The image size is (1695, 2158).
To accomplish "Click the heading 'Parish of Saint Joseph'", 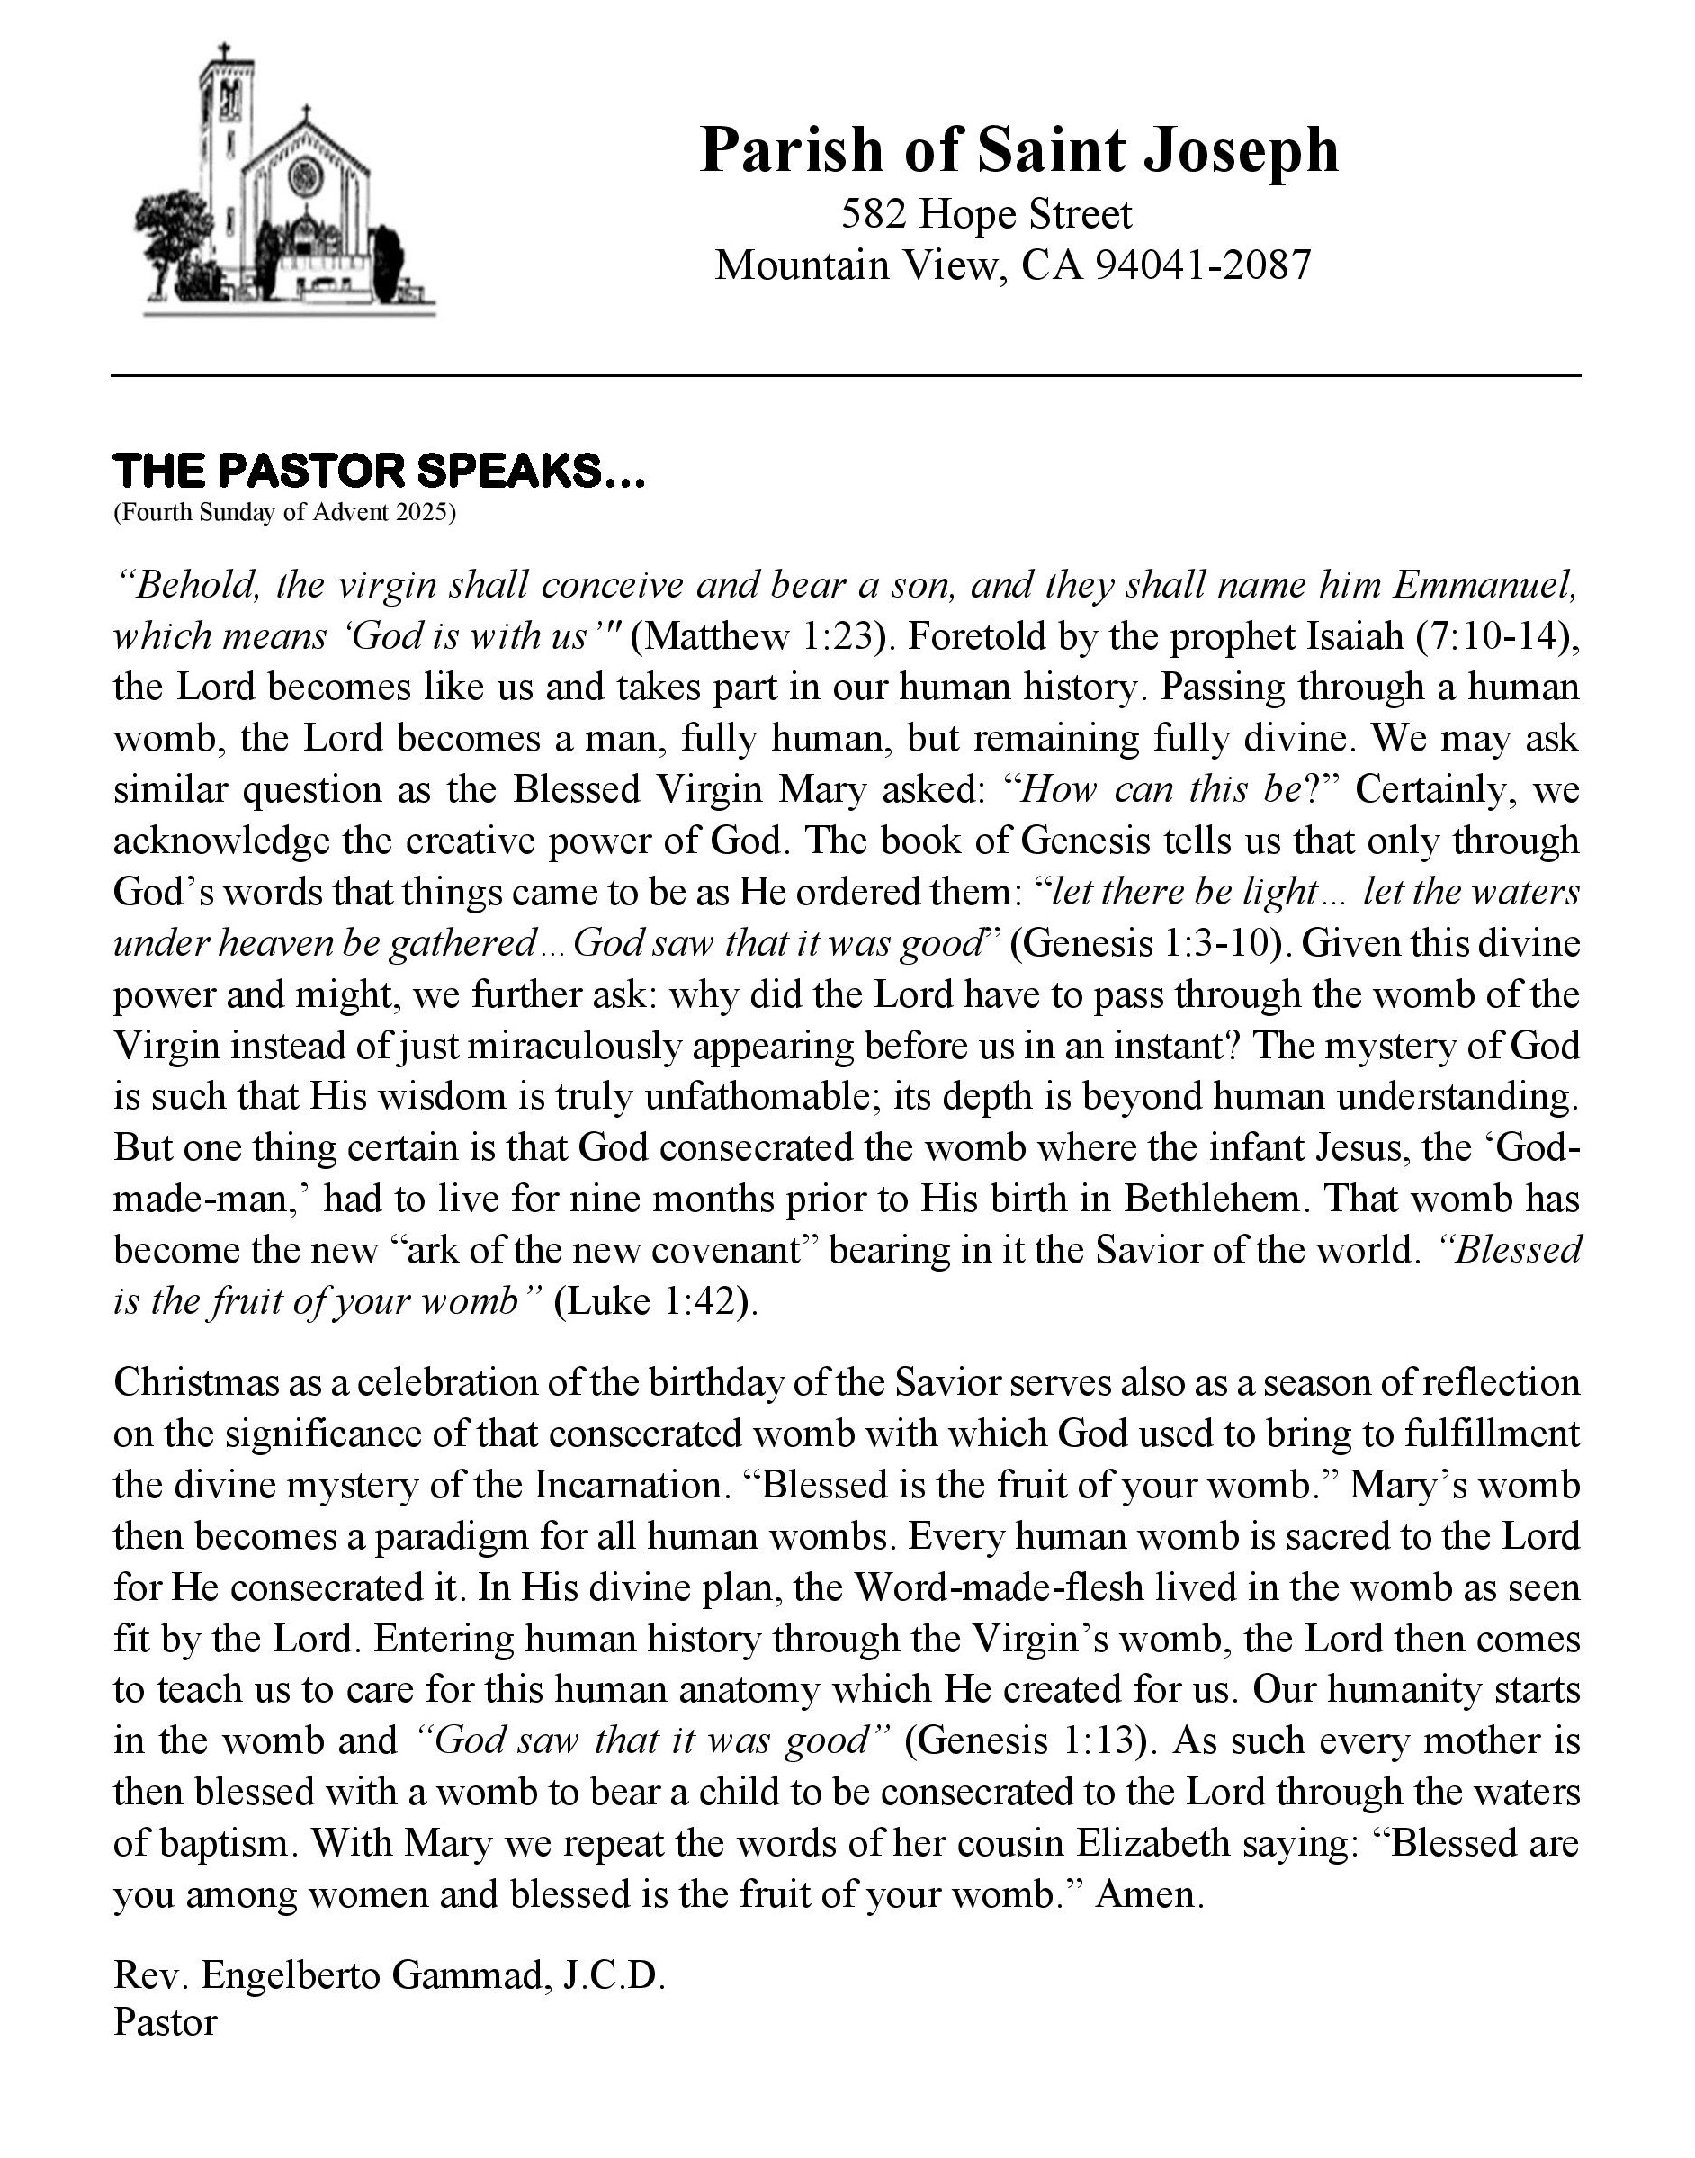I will [x=1018, y=150].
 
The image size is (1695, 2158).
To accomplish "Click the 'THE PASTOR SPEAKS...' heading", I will [x=379, y=471].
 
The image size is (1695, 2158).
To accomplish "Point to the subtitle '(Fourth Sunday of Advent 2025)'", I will [x=285, y=513].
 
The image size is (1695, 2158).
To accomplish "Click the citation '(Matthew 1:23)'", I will [x=758, y=635].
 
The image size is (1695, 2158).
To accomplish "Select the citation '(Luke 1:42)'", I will [x=655, y=1300].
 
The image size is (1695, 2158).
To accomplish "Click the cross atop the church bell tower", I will [x=224, y=51].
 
